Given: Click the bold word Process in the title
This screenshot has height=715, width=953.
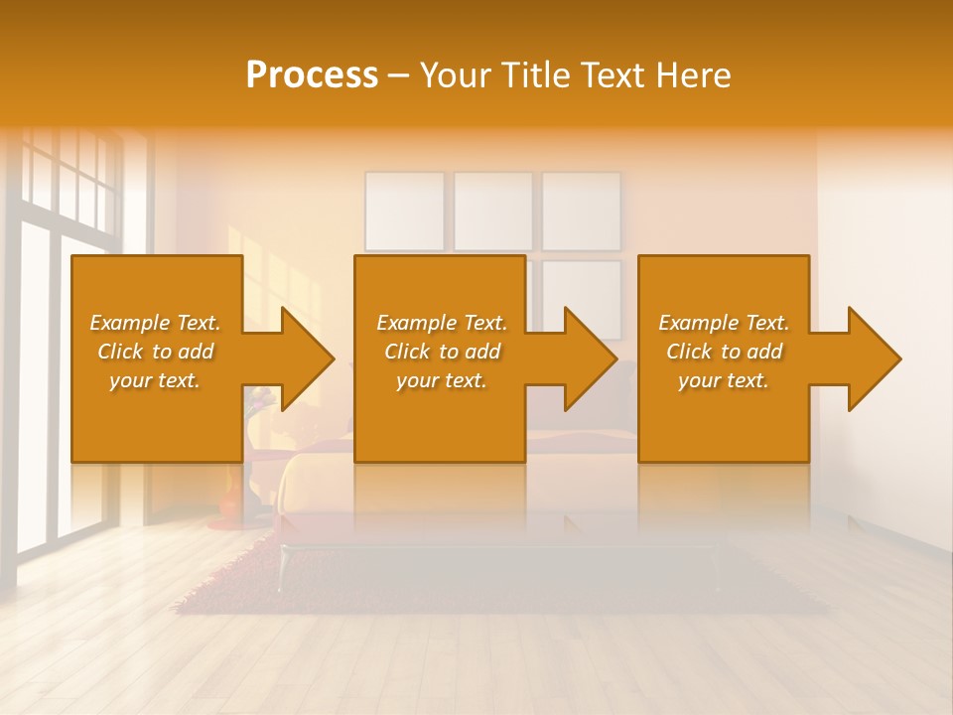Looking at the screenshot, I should (312, 75).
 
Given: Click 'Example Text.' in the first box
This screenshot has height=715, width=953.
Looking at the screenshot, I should (155, 323).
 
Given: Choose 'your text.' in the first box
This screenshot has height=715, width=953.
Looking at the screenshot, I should (155, 380).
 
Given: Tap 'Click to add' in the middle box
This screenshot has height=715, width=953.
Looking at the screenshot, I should (442, 352).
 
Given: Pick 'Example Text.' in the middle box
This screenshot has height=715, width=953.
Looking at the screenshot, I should (442, 323).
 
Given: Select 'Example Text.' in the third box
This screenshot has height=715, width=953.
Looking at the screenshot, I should (724, 323).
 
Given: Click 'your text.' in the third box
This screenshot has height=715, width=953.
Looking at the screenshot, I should (724, 380).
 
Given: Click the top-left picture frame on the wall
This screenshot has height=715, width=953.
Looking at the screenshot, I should (404, 212).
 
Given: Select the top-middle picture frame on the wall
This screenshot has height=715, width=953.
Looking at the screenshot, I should (493, 212).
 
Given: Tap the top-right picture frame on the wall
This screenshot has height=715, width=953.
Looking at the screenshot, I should (581, 212).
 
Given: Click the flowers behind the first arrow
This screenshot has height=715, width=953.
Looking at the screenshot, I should (263, 400).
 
